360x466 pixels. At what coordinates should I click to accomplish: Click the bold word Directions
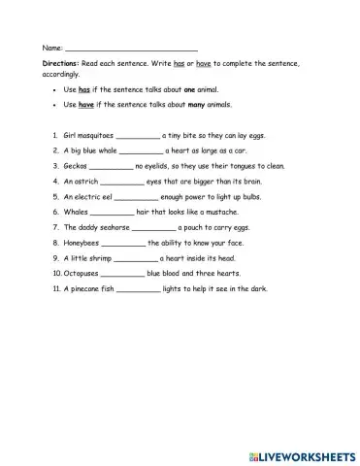tap(59, 63)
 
